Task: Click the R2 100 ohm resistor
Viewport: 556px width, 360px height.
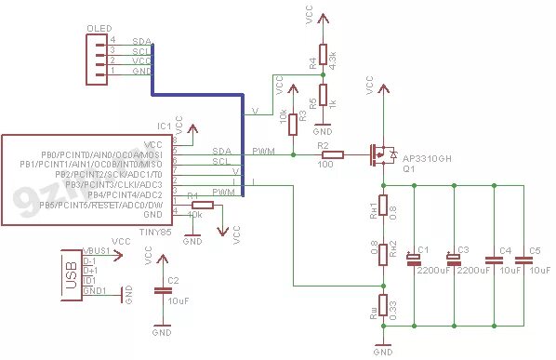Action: coord(333,154)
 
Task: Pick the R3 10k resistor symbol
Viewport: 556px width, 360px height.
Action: coord(292,122)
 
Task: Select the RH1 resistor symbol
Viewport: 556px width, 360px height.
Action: coord(382,213)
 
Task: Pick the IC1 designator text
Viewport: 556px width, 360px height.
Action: coord(165,125)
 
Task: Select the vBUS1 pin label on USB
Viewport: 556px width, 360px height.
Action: coord(97,252)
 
